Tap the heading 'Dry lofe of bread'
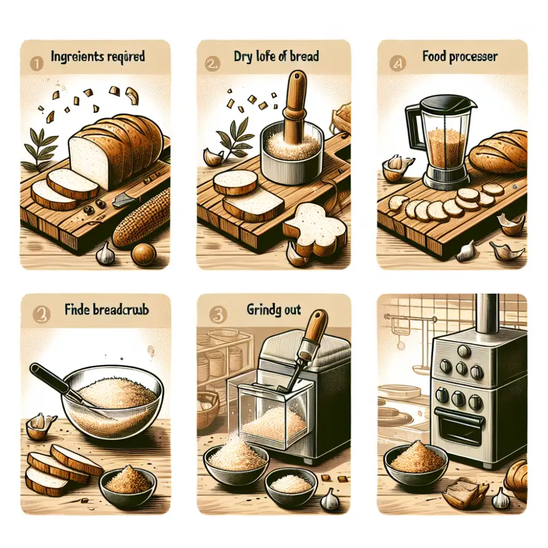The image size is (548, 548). [x=277, y=56]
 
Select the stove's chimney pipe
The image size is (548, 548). [x=485, y=315]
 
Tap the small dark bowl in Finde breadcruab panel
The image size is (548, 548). [x=128, y=482]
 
